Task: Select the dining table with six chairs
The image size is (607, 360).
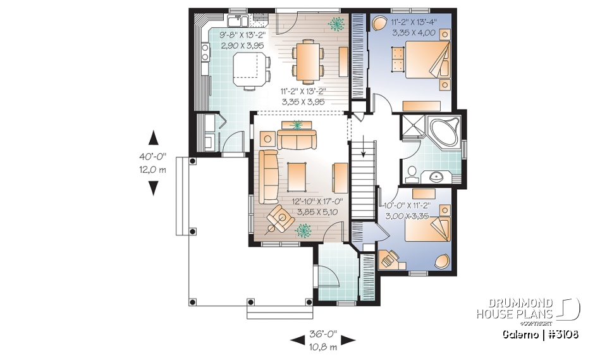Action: (308, 62)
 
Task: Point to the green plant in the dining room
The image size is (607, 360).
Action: (336, 25)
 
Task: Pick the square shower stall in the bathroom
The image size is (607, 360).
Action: (414, 127)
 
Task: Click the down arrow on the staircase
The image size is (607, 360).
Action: (363, 149)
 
